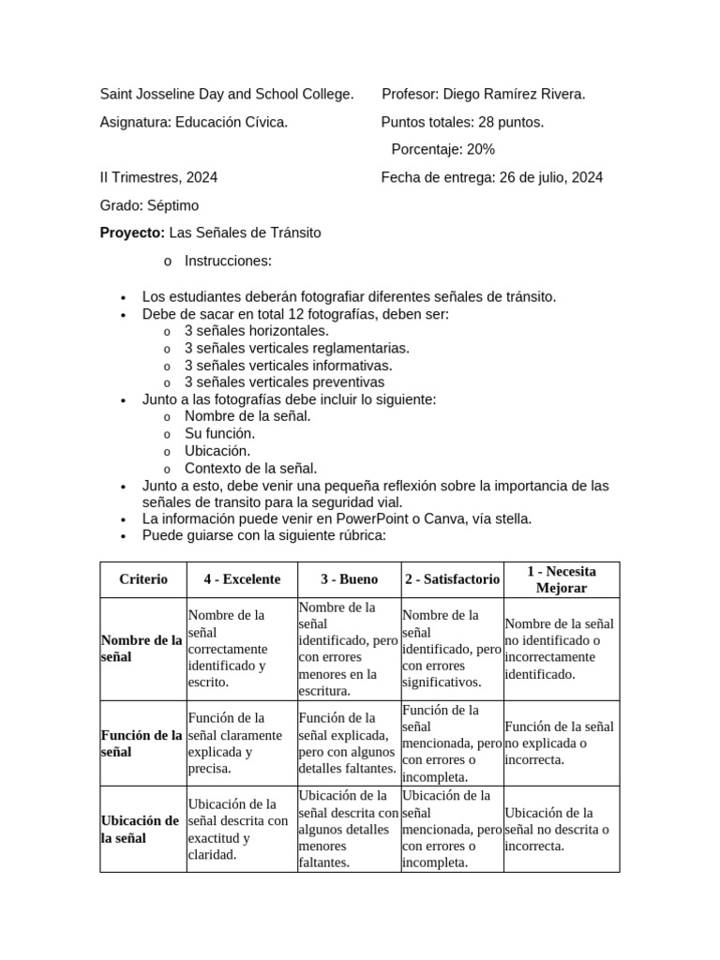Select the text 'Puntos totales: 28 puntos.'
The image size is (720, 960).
pos(462,122)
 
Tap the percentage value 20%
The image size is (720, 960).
pos(481,150)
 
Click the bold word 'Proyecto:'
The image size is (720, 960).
pos(132,232)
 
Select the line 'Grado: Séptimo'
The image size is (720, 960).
pos(149,205)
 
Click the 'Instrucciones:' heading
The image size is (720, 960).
pos(228,261)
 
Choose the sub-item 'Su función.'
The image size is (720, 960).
pos(219,434)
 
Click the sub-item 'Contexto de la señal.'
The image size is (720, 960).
pos(250,468)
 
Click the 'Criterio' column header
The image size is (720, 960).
pos(143,579)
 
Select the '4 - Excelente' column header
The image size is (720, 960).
pos(242,579)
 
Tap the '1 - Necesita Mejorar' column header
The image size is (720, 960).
pos(561,579)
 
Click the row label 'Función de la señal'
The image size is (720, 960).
pos(141,743)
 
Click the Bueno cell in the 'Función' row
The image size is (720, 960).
pos(349,743)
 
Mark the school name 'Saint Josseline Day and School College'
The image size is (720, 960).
pos(227,95)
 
